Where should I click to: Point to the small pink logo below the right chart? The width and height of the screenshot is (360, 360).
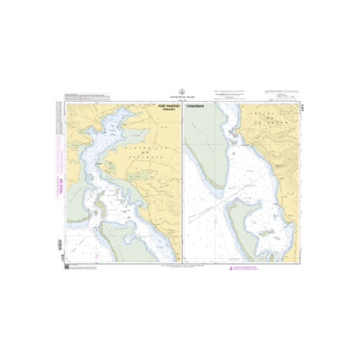tap(232, 270)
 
